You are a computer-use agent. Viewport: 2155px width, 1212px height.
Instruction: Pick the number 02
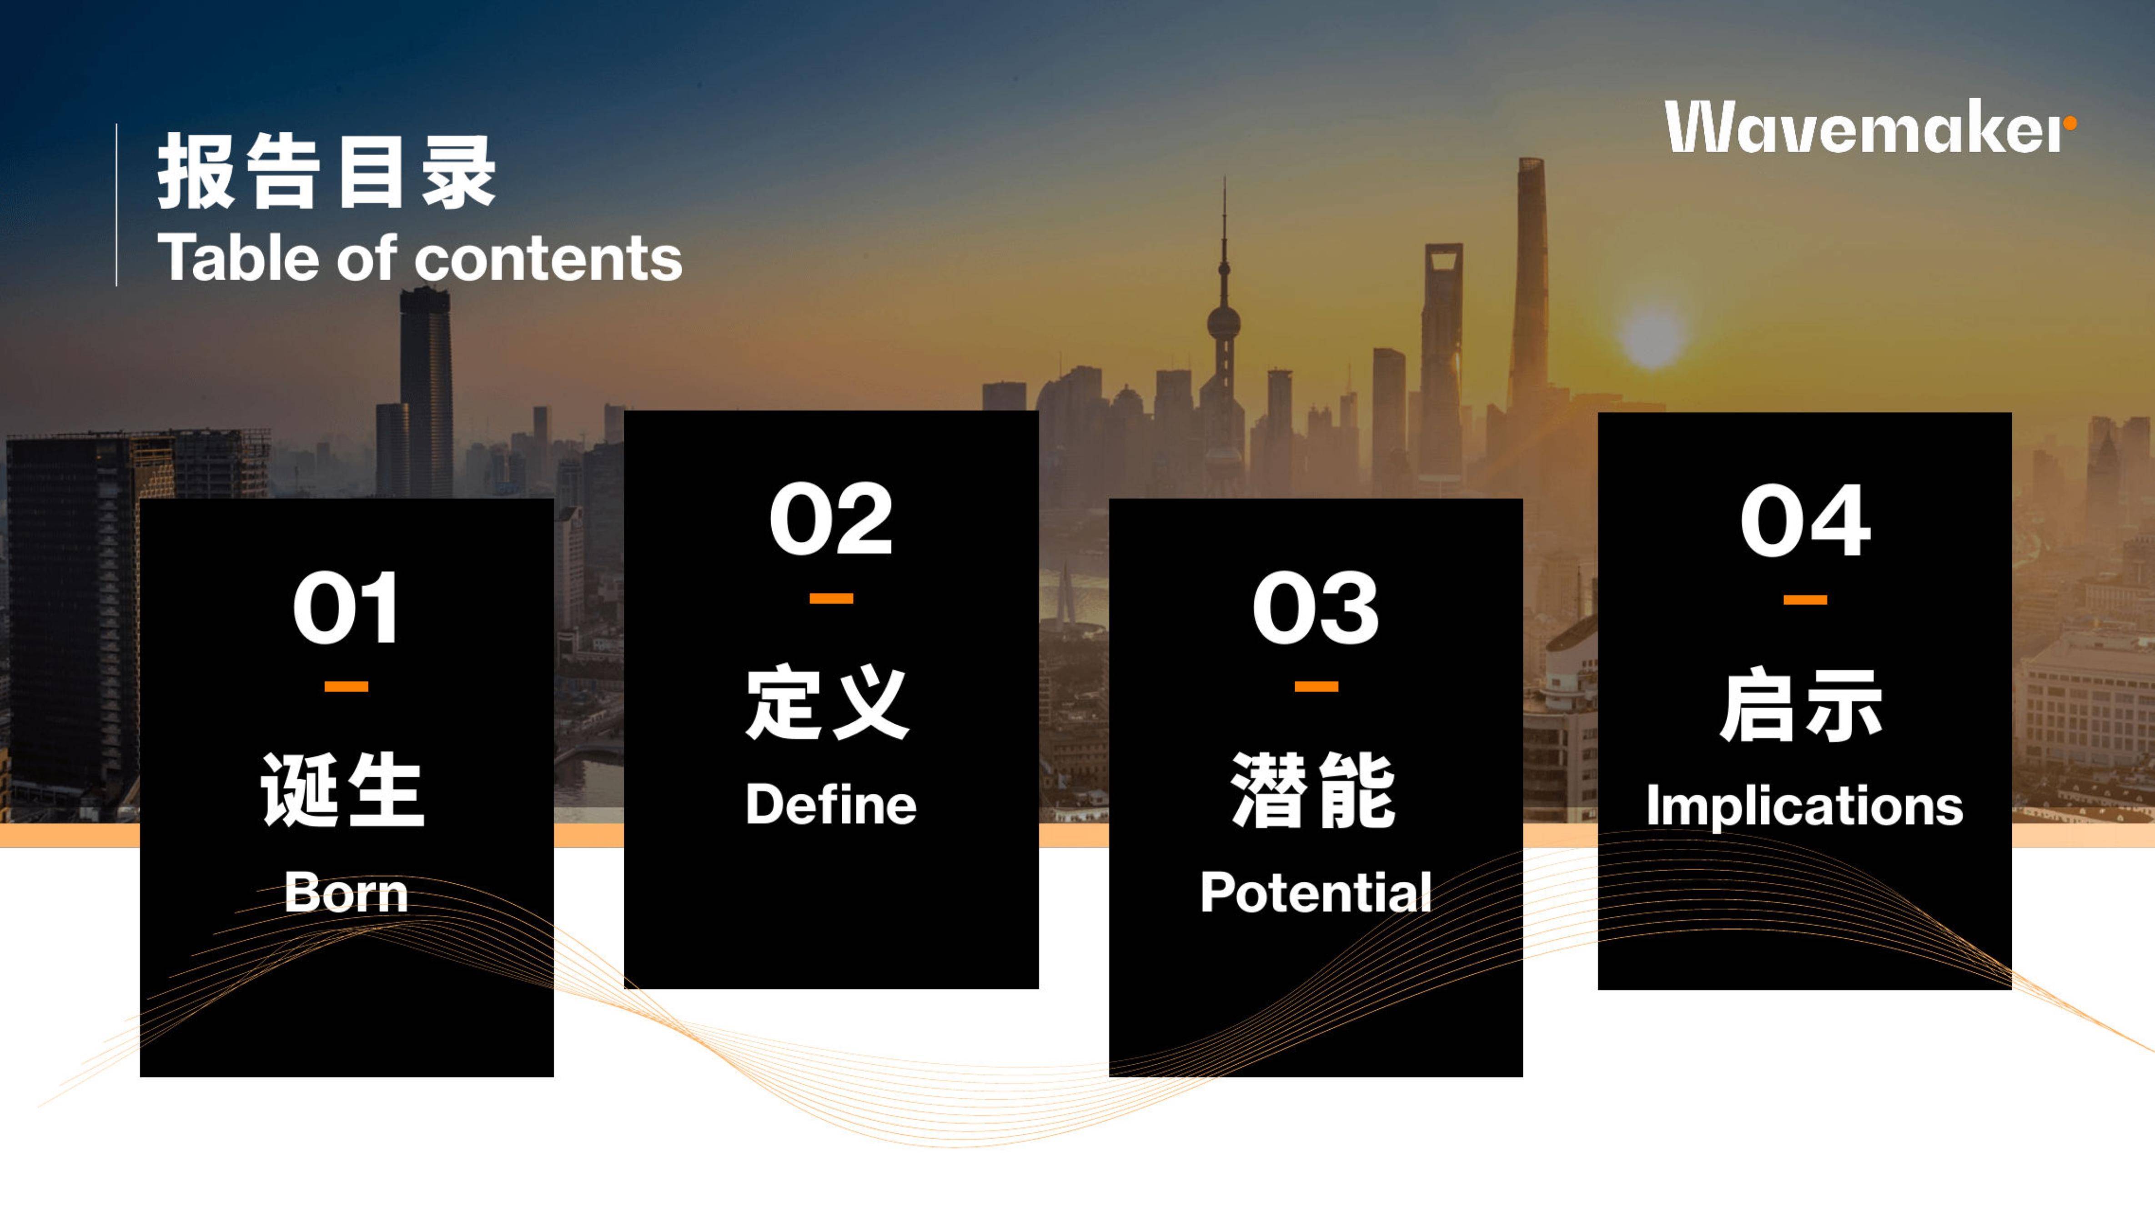(831, 520)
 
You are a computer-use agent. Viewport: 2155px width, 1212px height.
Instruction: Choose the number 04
(1804, 520)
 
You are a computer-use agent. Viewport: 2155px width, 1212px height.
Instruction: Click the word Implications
(1804, 806)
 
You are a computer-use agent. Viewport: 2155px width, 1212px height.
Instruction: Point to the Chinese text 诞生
(342, 790)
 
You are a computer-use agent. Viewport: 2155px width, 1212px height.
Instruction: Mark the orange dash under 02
(831, 598)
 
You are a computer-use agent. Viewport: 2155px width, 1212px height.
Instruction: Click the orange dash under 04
(1804, 600)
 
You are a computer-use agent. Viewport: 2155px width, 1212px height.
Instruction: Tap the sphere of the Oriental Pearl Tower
(1223, 322)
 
